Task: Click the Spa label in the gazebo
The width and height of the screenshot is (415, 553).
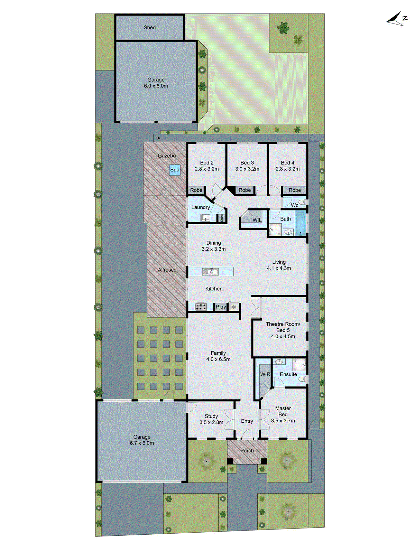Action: [175, 170]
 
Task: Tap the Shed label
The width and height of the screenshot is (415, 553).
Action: [150, 27]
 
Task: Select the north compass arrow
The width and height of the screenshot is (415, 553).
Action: [397, 19]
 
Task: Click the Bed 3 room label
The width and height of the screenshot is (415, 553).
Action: [247, 163]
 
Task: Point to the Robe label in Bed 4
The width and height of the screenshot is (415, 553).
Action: [295, 190]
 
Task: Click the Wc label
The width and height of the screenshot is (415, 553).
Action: [294, 205]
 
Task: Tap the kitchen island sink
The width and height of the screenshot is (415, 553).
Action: [210, 272]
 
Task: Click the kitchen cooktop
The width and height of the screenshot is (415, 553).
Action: [201, 307]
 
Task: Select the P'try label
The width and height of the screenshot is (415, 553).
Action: [221, 307]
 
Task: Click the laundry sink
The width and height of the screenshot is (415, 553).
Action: [205, 218]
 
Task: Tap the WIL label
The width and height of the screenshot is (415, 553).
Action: [257, 220]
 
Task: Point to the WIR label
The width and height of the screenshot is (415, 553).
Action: [265, 374]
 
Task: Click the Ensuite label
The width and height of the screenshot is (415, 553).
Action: [288, 374]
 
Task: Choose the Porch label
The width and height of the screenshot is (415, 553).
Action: [247, 451]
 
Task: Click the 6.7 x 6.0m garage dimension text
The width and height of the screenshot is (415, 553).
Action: [142, 443]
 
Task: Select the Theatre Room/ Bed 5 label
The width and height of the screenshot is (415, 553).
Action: [283, 327]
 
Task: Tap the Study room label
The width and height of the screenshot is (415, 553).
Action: [211, 416]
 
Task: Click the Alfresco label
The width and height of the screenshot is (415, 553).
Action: [167, 270]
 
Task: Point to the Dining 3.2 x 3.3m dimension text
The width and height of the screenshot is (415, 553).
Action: [214, 249]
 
